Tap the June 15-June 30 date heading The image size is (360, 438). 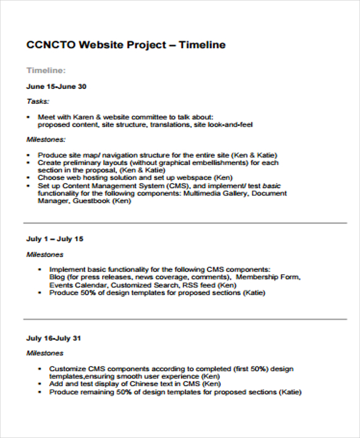tap(56, 86)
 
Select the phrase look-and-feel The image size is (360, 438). tap(233, 125)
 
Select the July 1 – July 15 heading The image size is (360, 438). tap(55, 239)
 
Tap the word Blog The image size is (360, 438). tap(58, 278)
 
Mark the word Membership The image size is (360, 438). tap(257, 278)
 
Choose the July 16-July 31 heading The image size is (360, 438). tap(53, 338)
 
